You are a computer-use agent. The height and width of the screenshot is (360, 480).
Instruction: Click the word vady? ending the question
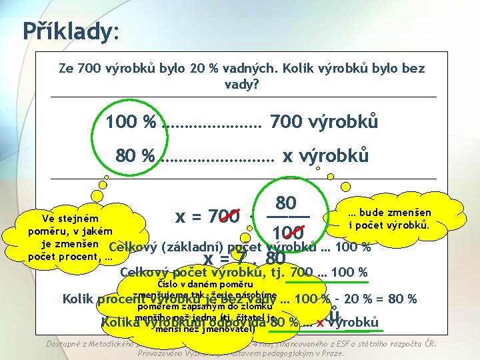pos(242,85)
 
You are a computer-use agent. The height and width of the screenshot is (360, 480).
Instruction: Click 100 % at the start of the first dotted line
pos(131,123)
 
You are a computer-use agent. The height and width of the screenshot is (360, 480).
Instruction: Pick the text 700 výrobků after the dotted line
pos(324,123)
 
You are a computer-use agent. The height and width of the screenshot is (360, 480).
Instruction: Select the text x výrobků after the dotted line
pos(325,156)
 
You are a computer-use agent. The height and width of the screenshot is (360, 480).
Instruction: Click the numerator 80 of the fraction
pos(286,202)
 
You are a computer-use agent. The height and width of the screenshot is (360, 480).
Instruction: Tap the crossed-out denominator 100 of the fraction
pos(288,233)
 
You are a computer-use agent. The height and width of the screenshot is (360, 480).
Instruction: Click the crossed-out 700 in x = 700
pos(223,217)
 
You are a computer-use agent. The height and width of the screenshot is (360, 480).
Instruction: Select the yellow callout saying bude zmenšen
pos(389,218)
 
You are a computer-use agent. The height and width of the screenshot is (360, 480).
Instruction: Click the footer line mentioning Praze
pos(240,353)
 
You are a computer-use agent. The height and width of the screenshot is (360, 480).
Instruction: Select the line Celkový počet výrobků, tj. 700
pos(243,272)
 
